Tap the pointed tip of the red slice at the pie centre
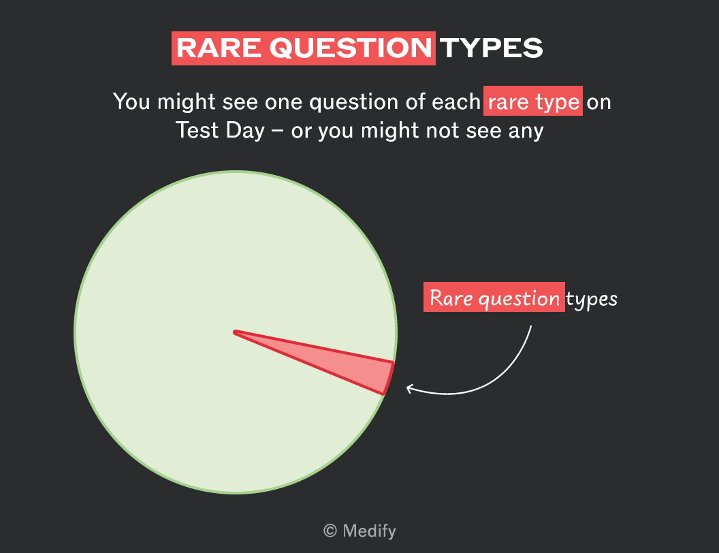(234, 332)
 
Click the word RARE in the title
(219, 48)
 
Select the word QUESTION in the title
(351, 48)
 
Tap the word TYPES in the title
(492, 48)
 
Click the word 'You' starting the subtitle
(132, 101)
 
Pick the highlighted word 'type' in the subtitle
(557, 102)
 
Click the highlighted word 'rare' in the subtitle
(508, 102)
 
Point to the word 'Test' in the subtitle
(197, 130)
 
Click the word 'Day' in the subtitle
(245, 131)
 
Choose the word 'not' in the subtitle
(442, 130)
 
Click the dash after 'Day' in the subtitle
(277, 131)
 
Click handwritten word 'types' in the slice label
(592, 300)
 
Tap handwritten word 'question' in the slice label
(519, 300)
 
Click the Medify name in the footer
(369, 531)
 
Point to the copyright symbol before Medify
(330, 531)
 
